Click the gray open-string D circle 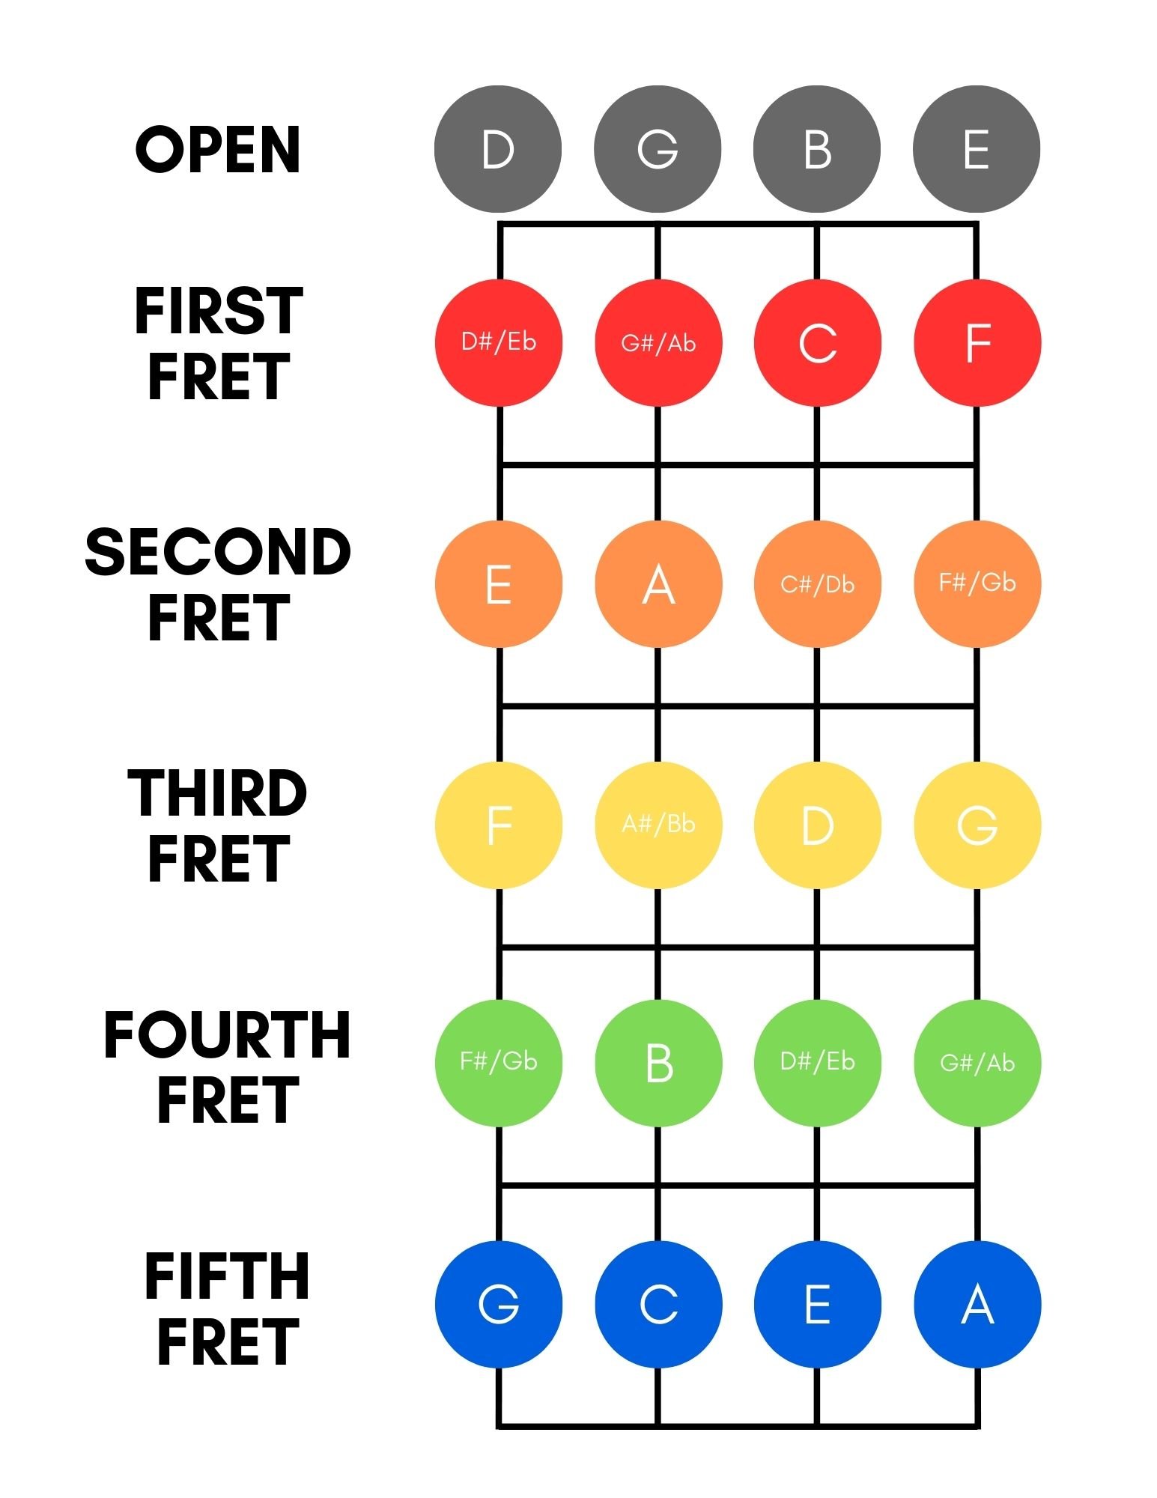click(x=498, y=149)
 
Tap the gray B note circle click(x=817, y=149)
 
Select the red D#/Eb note click(x=499, y=342)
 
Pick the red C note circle click(x=817, y=342)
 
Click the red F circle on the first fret click(x=977, y=342)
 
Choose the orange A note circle click(x=658, y=584)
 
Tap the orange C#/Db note click(x=817, y=584)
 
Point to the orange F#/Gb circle click(x=977, y=584)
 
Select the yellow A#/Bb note click(x=658, y=825)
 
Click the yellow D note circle click(x=817, y=825)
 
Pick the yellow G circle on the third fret click(x=977, y=825)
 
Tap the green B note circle click(x=658, y=1063)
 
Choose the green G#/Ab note click(x=977, y=1063)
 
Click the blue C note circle click(x=658, y=1304)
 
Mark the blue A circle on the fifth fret click(x=977, y=1304)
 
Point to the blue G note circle click(x=499, y=1304)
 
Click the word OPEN click(x=218, y=150)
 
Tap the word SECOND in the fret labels click(x=218, y=552)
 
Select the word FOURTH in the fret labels click(x=227, y=1034)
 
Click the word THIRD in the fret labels click(x=218, y=793)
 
